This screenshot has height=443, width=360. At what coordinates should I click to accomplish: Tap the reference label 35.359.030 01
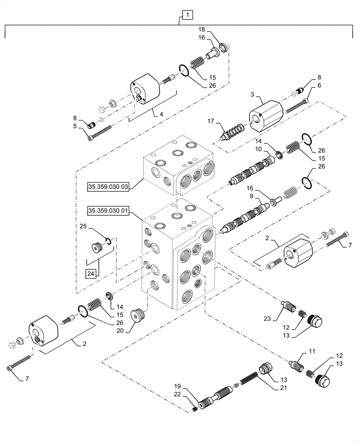[108, 210]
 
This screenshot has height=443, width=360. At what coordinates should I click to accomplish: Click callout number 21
[283, 388]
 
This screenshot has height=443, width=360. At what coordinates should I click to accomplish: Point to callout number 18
[202, 29]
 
